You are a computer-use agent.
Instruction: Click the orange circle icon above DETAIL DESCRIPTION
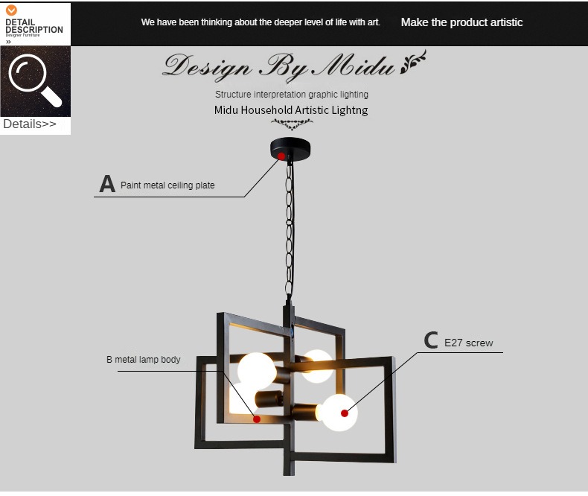coord(11,10)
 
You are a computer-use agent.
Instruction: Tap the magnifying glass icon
coord(35,80)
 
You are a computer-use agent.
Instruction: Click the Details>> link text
coord(30,124)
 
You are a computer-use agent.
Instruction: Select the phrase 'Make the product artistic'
coord(461,22)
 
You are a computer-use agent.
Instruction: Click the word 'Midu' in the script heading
coord(354,66)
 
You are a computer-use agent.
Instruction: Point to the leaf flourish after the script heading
coord(413,61)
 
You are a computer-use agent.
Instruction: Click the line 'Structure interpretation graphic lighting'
coord(292,94)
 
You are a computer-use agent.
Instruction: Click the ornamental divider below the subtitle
coord(292,124)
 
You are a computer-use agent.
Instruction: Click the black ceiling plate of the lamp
coord(290,148)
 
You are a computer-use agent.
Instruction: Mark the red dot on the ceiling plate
coord(281,156)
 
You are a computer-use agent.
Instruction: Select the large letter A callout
coord(107,183)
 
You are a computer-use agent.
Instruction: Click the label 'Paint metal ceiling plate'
coord(167,185)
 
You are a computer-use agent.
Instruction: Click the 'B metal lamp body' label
coord(143,360)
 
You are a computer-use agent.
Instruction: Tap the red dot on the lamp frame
coord(257,419)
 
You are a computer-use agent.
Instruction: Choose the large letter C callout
coord(431,340)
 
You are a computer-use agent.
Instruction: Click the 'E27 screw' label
coord(468,343)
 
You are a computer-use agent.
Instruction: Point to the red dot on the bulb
coord(345,413)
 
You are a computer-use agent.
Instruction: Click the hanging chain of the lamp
coord(289,229)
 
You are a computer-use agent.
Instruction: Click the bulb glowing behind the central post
coord(318,366)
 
